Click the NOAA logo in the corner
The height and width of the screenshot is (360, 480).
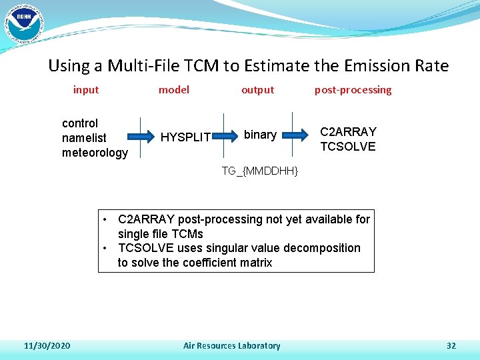point(23,23)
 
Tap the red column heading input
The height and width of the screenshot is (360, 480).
point(86,90)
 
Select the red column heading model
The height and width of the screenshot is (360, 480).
point(173,90)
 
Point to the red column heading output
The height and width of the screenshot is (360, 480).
point(257,90)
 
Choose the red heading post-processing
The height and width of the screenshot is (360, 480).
point(353,90)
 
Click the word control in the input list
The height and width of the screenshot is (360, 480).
point(80,123)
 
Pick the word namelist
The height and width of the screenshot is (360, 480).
point(84,138)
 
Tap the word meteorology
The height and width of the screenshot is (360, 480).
point(95,153)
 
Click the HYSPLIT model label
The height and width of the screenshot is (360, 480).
point(186,138)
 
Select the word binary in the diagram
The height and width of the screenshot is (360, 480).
point(260,135)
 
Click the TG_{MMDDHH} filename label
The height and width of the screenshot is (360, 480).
point(259,172)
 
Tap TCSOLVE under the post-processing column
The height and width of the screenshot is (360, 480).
point(348,147)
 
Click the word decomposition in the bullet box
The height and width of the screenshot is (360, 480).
point(321,248)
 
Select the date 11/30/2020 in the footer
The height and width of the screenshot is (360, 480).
point(47,345)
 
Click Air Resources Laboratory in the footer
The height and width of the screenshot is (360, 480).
point(231,345)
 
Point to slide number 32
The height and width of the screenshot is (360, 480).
point(451,345)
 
